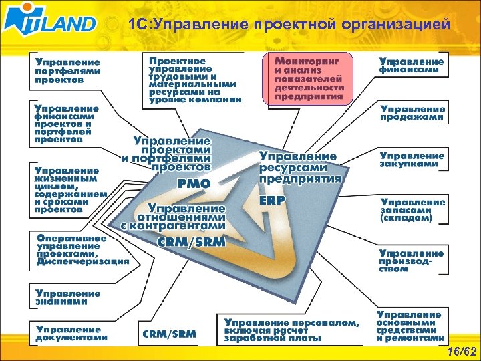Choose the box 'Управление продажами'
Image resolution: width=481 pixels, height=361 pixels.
pyautogui.click(x=413, y=112)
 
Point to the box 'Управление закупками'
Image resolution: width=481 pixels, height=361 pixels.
pyautogui.click(x=413, y=160)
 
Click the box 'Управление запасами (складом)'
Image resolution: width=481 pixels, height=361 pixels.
pyautogui.click(x=413, y=209)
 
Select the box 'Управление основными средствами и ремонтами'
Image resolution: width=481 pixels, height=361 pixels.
pyautogui.click(x=409, y=326)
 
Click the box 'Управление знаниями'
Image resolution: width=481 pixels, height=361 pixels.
pyautogui.click(x=68, y=297)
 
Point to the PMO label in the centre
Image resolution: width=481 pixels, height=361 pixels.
pyautogui.click(x=194, y=183)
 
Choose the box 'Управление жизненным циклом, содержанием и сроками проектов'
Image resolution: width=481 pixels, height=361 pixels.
pyautogui.click(x=71, y=190)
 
